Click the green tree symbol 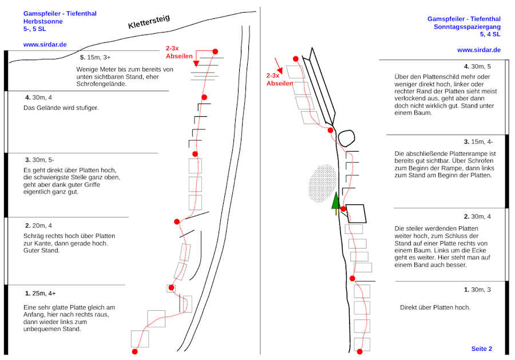pyautogui.click(x=335, y=202)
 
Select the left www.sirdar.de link pyautogui.click(x=45, y=44)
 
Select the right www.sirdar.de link pyautogui.click(x=478, y=50)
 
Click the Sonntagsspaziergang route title pyautogui.click(x=467, y=26)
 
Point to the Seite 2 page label pyautogui.click(x=481, y=349)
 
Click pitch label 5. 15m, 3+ pyautogui.click(x=96, y=57)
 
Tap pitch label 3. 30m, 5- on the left pyautogui.click(x=39, y=160)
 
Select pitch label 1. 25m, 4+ pyautogui.click(x=40, y=293)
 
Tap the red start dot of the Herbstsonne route pyautogui.click(x=135, y=351)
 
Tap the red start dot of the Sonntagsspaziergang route pyautogui.click(x=359, y=351)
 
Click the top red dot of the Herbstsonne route pyautogui.click(x=215, y=52)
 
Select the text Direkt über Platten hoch pyautogui.click(x=435, y=307)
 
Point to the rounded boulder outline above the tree pyautogui.click(x=346, y=138)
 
